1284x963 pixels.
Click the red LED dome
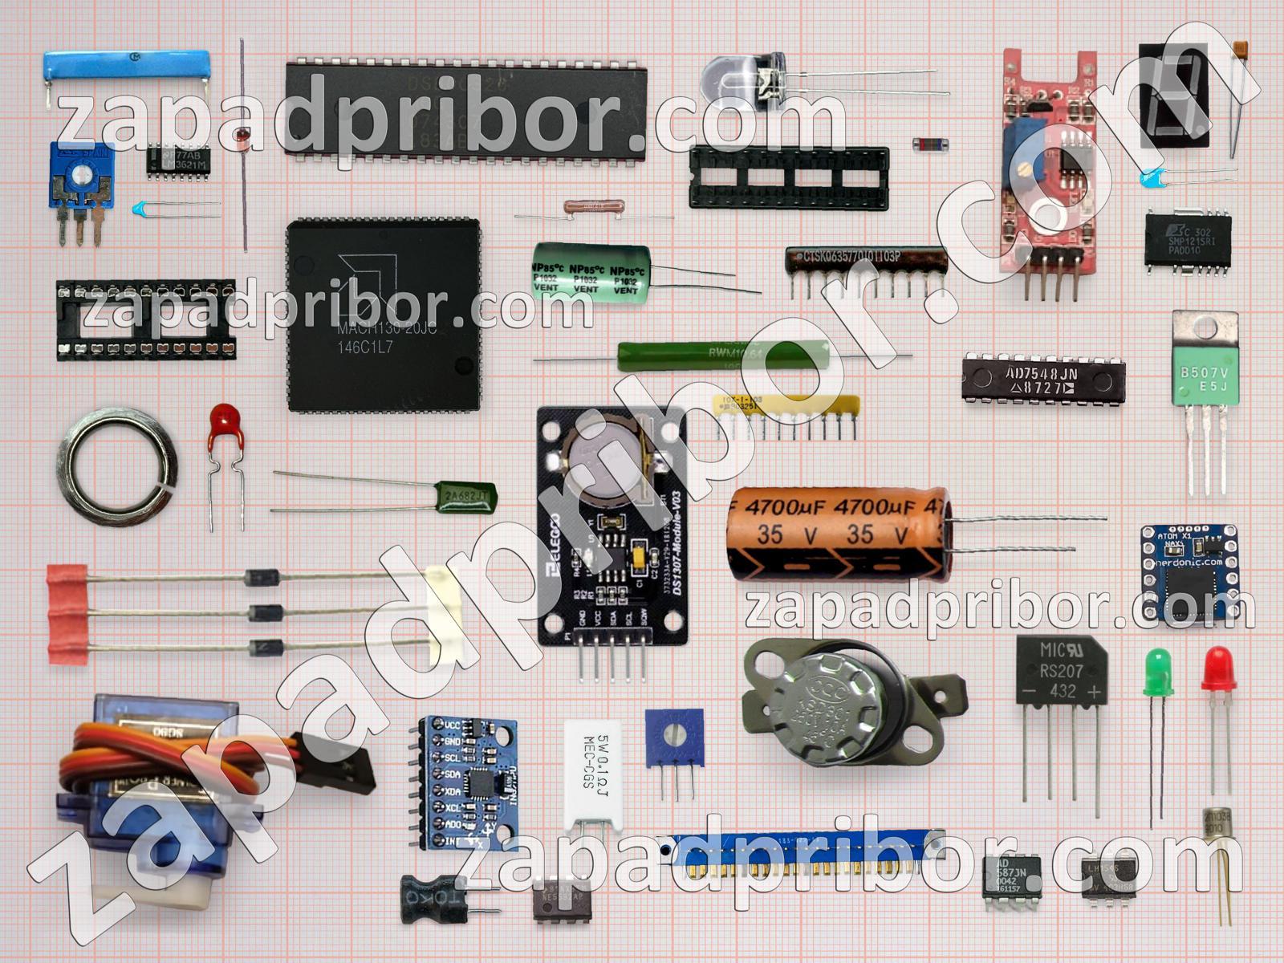1218,669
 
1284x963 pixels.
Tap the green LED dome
1157,671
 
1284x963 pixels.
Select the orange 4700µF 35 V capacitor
839,533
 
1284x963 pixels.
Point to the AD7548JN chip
1043,377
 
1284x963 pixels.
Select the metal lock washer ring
117,466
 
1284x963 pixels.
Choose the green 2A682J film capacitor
465,497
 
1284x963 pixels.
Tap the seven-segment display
1174,95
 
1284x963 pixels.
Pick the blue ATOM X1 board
1189,573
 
